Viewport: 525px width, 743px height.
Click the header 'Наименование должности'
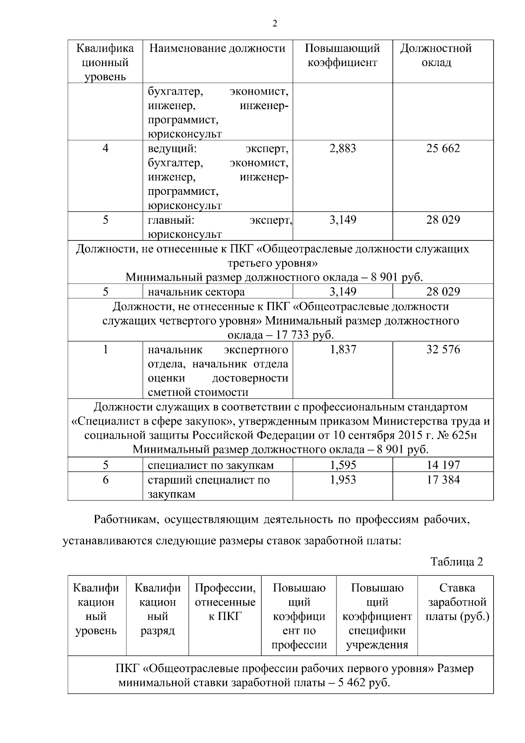point(217,48)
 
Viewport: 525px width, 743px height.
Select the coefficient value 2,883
point(343,148)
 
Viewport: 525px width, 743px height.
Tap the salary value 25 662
point(443,148)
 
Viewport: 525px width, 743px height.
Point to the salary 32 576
point(443,350)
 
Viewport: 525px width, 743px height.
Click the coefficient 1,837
point(343,350)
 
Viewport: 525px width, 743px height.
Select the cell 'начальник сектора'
point(196,292)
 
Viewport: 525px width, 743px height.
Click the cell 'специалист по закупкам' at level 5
point(210,465)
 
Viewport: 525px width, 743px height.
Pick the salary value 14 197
point(443,465)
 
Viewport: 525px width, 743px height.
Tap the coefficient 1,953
point(343,480)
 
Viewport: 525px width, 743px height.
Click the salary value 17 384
point(443,480)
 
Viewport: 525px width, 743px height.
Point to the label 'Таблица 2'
point(456,562)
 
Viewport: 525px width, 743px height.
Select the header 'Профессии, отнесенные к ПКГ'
point(225,602)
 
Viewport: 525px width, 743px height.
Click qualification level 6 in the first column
point(105,480)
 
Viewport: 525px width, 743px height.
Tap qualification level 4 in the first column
point(105,148)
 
